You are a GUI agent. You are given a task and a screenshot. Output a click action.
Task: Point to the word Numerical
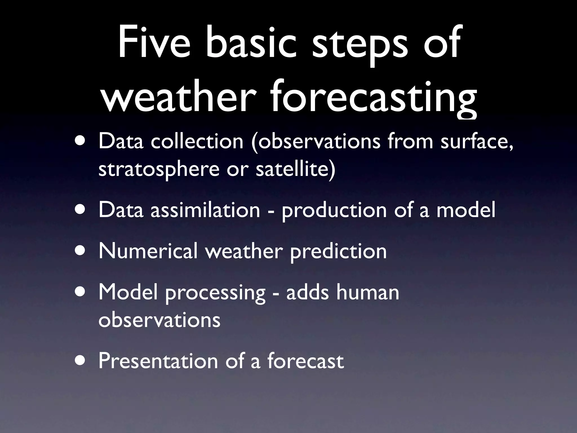[x=148, y=251]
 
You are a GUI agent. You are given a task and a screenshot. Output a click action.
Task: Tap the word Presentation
[x=158, y=361]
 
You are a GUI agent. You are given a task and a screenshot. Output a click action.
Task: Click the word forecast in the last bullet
[x=305, y=361]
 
